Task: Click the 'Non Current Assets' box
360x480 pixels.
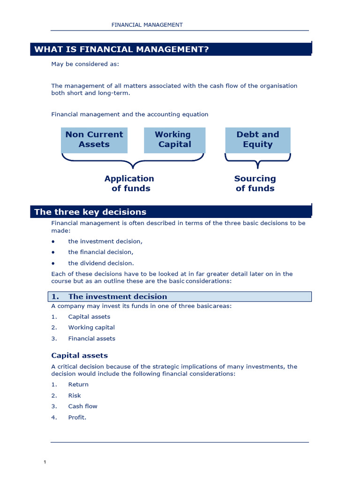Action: click(x=94, y=140)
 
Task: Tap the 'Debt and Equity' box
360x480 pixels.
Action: click(x=257, y=140)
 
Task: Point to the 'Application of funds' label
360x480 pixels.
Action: click(x=129, y=183)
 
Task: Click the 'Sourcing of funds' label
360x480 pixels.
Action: click(x=255, y=183)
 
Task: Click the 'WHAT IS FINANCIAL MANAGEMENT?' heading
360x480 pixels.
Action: click(x=121, y=50)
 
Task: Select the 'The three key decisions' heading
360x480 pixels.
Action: click(x=90, y=212)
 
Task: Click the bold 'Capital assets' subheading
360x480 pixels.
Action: click(x=79, y=355)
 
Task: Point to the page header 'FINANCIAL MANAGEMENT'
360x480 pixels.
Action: click(x=147, y=25)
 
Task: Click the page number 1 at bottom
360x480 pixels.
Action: click(x=45, y=463)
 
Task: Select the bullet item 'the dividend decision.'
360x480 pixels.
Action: click(x=101, y=263)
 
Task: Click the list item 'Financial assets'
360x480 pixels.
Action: click(x=91, y=338)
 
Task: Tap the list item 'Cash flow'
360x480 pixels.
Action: click(x=82, y=406)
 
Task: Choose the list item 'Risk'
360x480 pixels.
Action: click(x=75, y=396)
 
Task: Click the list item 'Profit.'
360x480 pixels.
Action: click(x=77, y=417)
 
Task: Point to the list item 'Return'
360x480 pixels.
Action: click(x=78, y=384)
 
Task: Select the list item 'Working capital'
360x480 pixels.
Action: click(x=91, y=328)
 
